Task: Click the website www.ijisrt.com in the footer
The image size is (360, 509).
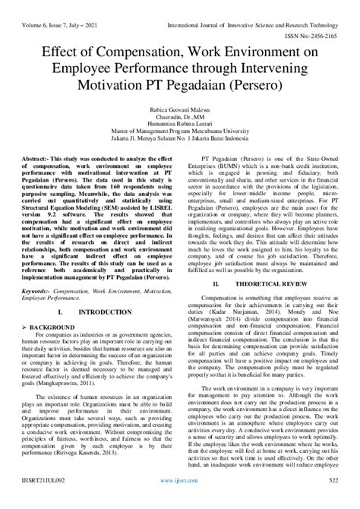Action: [179, 501]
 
